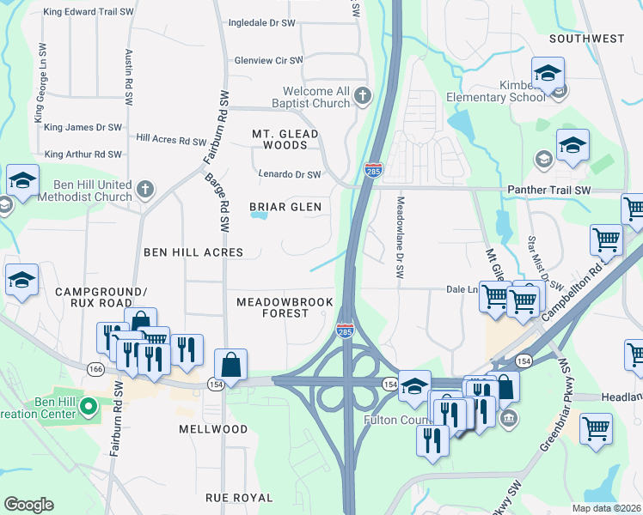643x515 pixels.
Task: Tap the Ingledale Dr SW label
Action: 266,23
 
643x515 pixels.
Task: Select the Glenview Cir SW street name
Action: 269,61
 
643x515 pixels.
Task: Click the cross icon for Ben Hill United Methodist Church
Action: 145,188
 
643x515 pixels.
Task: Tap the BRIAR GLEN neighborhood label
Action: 285,207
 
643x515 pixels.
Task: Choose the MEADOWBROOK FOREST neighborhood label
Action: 272,307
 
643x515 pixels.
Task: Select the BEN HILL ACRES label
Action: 193,252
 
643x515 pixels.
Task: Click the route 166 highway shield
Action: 95,367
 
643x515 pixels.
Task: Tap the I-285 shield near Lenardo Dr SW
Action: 373,170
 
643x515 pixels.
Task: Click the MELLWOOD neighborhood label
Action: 213,428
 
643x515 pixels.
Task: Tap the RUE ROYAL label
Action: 239,497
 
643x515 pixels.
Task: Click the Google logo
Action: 28,505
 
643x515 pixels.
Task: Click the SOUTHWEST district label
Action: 587,39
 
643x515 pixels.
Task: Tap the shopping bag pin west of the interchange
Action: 230,364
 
